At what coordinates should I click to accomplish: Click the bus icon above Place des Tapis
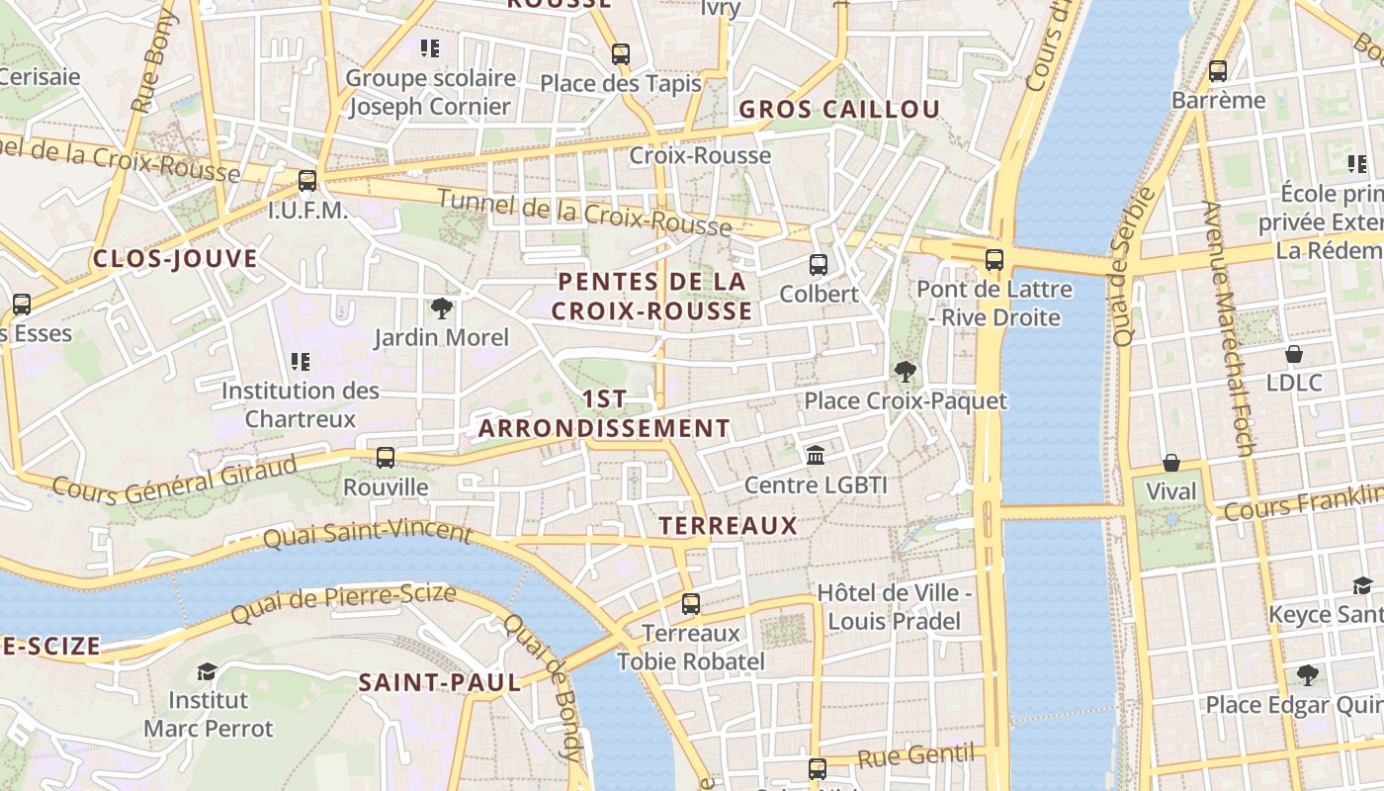point(621,54)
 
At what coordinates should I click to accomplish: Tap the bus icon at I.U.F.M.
point(307,181)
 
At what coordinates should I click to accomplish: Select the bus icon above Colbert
point(819,265)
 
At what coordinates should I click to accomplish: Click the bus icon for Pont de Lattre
point(995,261)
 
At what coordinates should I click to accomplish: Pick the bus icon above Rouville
point(386,458)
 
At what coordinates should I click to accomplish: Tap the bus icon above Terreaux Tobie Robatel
point(691,603)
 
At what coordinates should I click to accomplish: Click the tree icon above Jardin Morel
point(441,308)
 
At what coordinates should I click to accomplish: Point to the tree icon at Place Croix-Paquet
point(905,372)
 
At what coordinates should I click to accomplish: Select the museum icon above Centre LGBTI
point(816,456)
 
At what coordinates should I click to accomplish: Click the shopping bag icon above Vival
point(1171,462)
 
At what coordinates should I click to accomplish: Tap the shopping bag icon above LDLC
point(1294,353)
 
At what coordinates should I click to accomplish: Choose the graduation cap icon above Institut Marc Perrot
point(207,671)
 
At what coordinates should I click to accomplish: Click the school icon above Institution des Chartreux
point(301,362)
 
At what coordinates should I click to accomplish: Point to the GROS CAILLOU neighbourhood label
point(839,110)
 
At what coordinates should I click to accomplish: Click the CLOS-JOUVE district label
point(175,259)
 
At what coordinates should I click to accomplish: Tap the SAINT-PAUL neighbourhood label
point(439,682)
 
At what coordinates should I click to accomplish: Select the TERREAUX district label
point(729,525)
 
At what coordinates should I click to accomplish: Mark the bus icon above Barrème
point(1218,71)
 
